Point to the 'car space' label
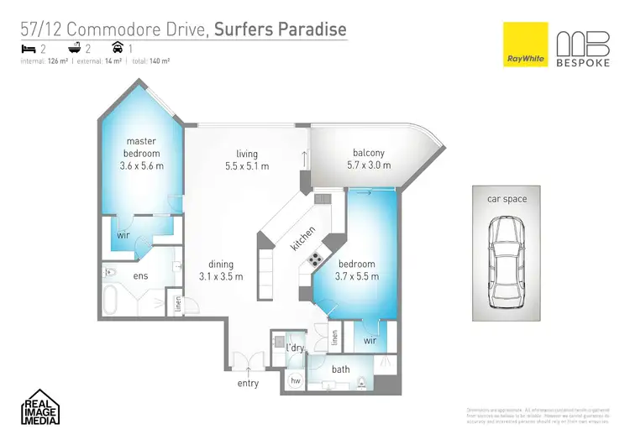click(507, 199)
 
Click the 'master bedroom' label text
click(141, 147)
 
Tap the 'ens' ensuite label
click(140, 275)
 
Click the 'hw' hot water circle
click(295, 380)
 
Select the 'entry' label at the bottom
click(248, 384)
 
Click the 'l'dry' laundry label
click(294, 348)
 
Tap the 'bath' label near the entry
click(341, 369)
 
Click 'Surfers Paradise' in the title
click(280, 30)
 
